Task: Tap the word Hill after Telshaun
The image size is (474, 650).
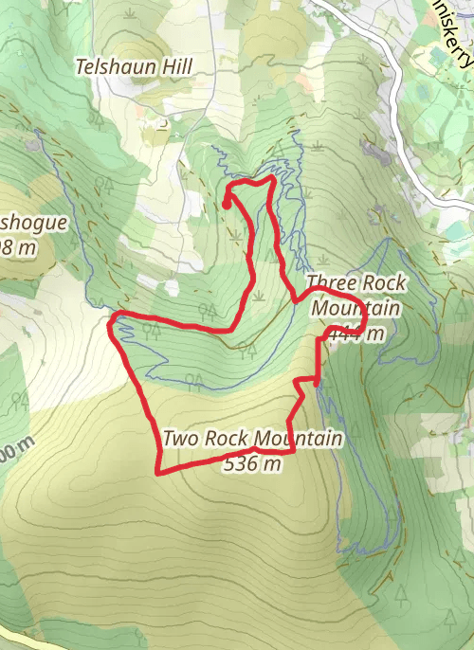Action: coord(177,66)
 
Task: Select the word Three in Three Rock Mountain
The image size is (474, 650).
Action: coord(329,283)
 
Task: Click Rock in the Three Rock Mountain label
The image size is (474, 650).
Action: coord(381,283)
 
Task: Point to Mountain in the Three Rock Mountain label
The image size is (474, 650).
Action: coord(355,309)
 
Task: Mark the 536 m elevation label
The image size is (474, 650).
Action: coord(254,463)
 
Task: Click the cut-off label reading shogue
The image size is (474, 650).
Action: coord(33,224)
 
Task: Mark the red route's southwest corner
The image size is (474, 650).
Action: coord(158,471)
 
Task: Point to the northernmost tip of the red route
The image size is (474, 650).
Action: coord(273,176)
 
